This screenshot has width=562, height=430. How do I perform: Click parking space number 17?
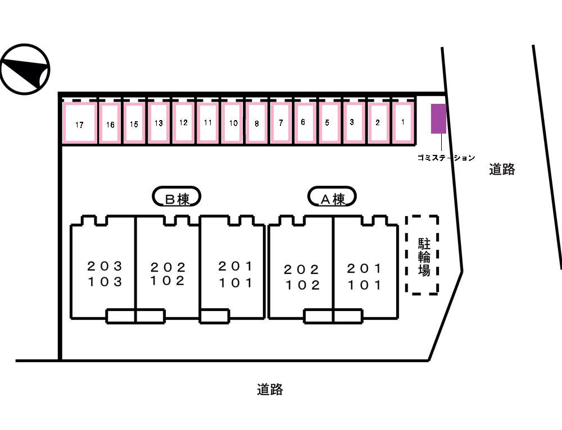point(79,123)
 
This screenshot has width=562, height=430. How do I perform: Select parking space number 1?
point(402,122)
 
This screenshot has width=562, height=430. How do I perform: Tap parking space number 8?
point(256,123)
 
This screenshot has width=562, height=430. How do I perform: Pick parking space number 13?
point(158,122)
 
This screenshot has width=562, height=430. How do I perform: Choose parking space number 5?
point(327,122)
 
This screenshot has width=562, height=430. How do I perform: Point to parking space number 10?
point(232,122)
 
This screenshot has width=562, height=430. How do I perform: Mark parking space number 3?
point(352,122)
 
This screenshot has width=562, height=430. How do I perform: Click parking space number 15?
point(134,123)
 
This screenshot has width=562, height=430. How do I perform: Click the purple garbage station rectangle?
point(438,119)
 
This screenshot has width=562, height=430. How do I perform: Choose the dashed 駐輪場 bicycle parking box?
point(423,255)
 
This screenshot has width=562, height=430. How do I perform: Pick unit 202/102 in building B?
point(167,274)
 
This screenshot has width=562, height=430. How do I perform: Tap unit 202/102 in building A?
point(302,277)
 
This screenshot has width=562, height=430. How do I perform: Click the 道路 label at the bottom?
point(270,389)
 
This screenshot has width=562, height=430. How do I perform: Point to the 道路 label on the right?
point(502,169)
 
